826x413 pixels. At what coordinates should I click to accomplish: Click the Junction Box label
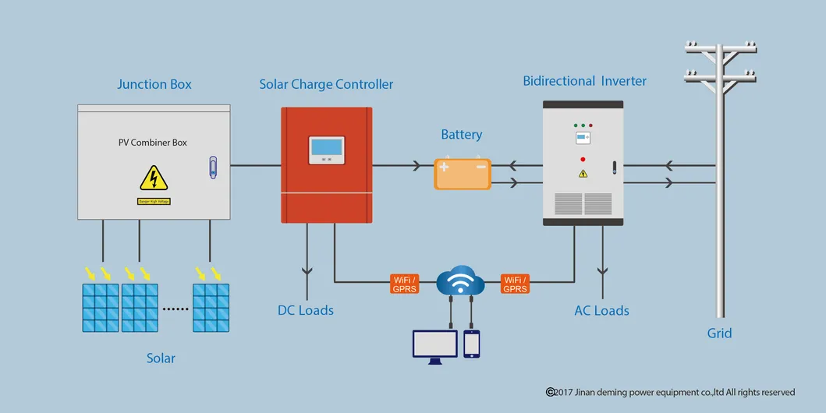pos(154,84)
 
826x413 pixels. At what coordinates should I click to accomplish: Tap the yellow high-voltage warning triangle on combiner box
pos(154,178)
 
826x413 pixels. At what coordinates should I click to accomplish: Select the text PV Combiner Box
pos(153,143)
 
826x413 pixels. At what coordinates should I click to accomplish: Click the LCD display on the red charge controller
pos(326,147)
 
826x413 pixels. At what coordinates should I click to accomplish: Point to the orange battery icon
pos(463,174)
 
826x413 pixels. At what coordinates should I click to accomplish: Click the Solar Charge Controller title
pos(326,84)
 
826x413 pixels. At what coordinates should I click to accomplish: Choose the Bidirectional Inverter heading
pos(584,81)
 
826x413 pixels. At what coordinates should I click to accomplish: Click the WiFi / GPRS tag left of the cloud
pos(404,284)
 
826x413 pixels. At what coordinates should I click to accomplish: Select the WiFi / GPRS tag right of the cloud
pos(516,284)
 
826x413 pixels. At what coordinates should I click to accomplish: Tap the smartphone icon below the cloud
pos(471,344)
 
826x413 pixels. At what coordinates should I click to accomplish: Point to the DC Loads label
pos(306,310)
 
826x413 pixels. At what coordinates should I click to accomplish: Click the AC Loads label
pos(601,310)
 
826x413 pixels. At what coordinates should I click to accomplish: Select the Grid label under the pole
pos(719,333)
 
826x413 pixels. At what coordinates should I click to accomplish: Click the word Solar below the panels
pos(161,358)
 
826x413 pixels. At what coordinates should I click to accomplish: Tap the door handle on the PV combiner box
pos(214,167)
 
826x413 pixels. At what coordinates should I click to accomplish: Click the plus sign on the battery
pos(445,166)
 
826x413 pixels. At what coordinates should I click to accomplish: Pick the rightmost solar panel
pos(211,307)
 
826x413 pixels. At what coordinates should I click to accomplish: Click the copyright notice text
pos(670,392)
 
